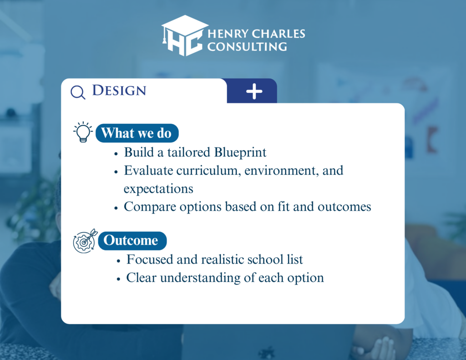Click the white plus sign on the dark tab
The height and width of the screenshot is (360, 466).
tap(254, 91)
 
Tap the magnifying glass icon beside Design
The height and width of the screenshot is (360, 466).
tap(78, 92)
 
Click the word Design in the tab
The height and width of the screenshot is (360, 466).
tap(119, 91)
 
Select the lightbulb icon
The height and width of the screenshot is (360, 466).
tap(83, 132)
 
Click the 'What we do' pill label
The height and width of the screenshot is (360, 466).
tap(137, 133)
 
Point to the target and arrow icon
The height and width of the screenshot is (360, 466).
tap(85, 241)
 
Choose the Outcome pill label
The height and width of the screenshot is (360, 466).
tap(132, 240)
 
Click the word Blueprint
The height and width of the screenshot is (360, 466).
tap(240, 152)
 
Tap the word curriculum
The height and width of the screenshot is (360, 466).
tap(208, 171)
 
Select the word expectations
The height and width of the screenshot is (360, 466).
tap(158, 189)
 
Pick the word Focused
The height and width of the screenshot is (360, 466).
tap(150, 259)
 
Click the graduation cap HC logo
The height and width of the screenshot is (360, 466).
tap(185, 35)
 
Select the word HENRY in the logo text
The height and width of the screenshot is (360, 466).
tap(228, 34)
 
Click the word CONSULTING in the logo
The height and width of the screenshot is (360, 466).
tap(247, 46)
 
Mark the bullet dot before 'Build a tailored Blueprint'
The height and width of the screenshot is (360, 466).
tap(116, 154)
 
